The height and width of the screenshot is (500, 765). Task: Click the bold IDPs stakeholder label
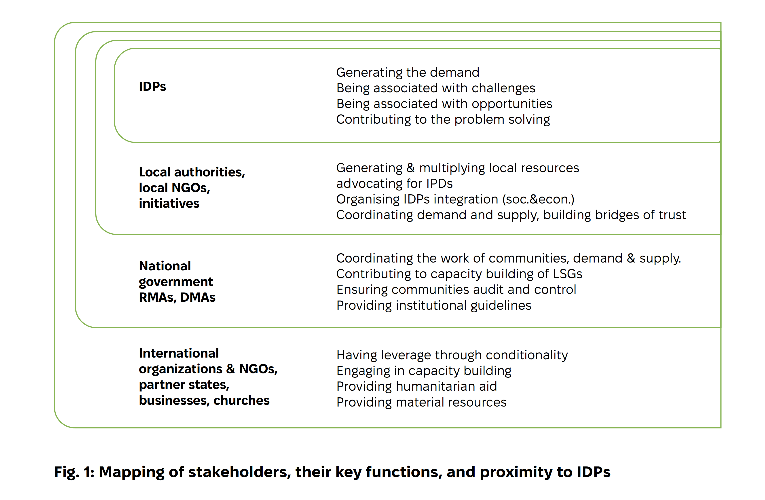pos(152,87)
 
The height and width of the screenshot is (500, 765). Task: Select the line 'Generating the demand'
pos(408,73)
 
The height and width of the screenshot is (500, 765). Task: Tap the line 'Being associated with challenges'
pos(435,88)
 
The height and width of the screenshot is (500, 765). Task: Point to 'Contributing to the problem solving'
pos(443,120)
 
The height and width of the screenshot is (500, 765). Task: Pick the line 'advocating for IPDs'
pos(394,184)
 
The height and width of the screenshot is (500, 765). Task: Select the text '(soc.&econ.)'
pos(538,199)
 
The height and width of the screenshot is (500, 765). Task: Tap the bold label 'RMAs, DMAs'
pos(177,297)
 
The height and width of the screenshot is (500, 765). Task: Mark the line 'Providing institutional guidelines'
pos(434,305)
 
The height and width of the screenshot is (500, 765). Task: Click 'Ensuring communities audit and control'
pos(456,290)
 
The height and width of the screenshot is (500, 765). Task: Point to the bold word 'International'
pos(179,353)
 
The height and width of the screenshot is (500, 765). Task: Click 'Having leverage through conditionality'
pos(452,355)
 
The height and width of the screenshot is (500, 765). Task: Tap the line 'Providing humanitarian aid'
pos(416,386)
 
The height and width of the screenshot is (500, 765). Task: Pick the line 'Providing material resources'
pos(421,402)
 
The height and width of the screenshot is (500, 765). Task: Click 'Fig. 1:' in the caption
pos(74,472)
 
